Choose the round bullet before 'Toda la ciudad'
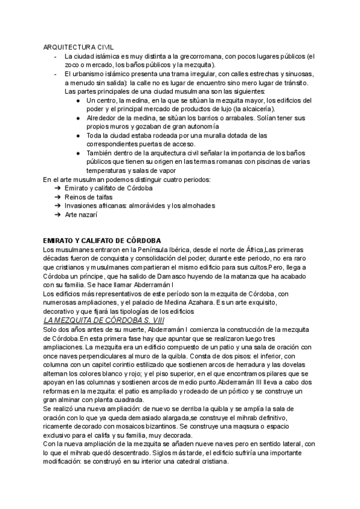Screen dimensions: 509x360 79,136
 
